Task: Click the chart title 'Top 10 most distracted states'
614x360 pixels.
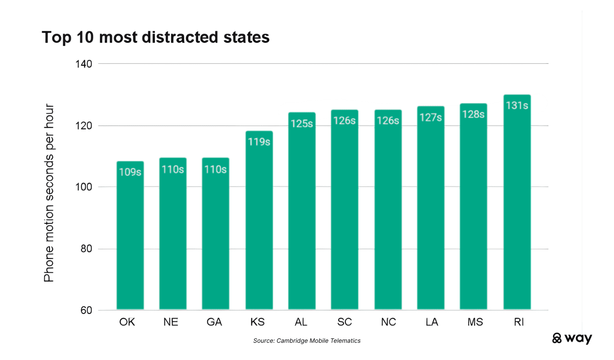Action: point(155,37)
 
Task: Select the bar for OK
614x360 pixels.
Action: point(130,240)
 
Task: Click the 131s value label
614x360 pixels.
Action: point(517,105)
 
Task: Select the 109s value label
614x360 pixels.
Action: point(130,172)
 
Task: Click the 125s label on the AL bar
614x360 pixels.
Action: point(302,123)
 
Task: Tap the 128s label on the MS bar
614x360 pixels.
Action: point(473,115)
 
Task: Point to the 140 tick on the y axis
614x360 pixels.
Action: point(83,64)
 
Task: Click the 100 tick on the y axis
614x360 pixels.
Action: point(83,187)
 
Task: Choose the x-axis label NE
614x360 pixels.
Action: point(170,322)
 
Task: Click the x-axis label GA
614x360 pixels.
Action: point(214,322)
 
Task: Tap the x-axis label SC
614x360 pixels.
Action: point(344,322)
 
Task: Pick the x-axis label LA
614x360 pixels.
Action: point(431,322)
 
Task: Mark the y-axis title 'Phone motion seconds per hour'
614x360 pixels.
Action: point(49,193)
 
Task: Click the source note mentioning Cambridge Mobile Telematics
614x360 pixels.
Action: point(307,341)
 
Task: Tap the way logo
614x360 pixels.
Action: point(572,338)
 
